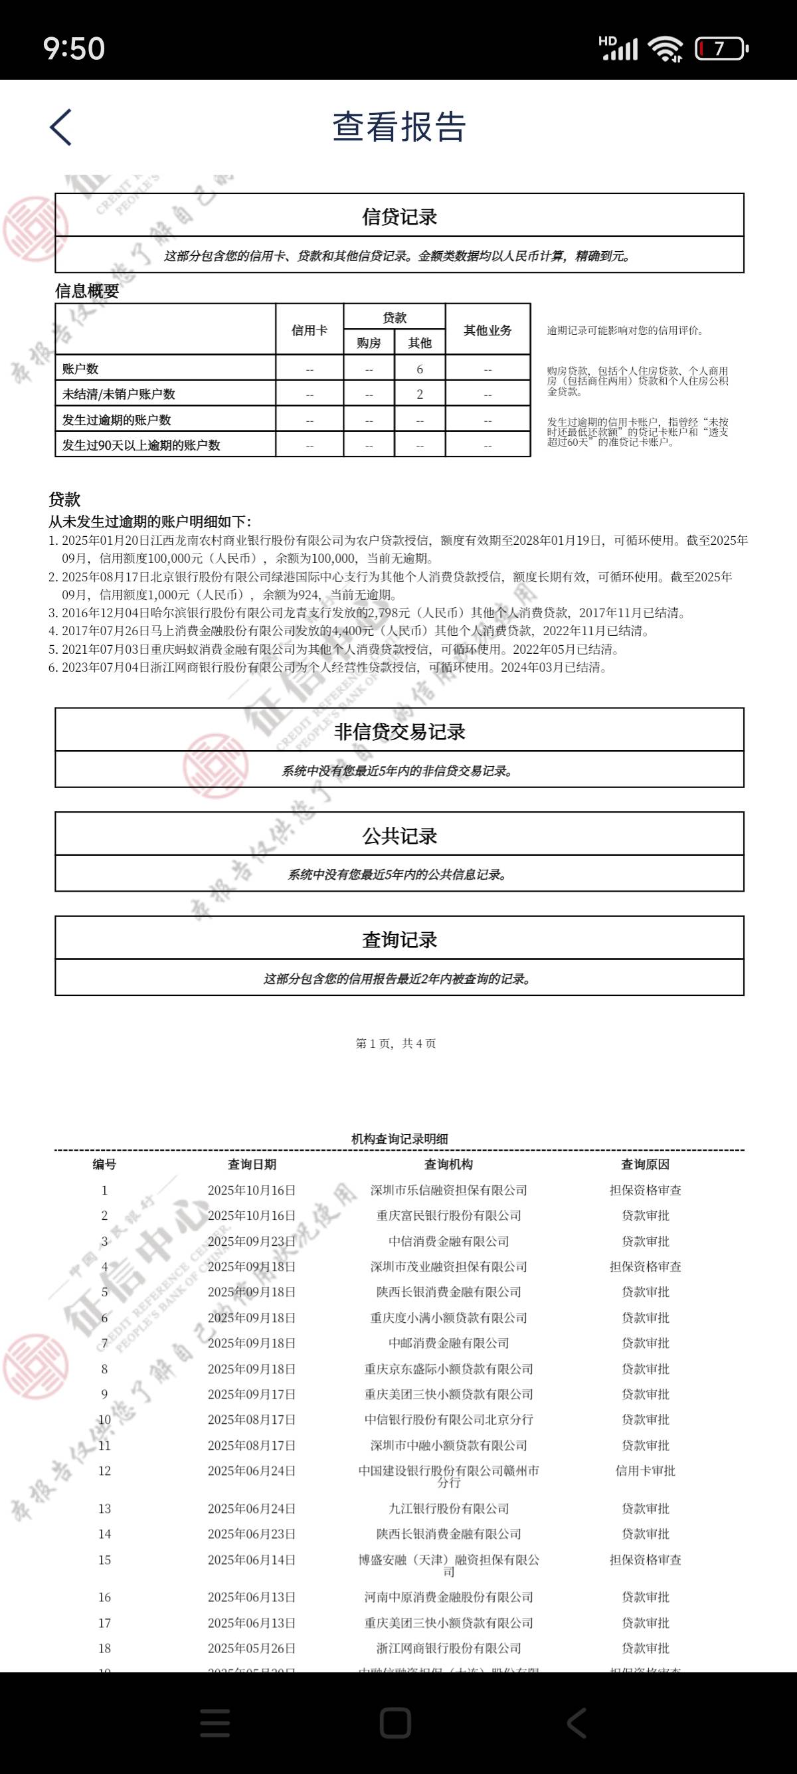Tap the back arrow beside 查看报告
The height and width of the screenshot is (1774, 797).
(61, 128)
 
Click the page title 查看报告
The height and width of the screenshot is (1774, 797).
(399, 128)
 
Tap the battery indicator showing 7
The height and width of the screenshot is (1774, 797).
(720, 49)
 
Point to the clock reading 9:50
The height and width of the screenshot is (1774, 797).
(74, 49)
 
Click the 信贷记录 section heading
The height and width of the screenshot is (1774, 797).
(399, 217)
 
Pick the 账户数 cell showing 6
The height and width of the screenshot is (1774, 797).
(420, 369)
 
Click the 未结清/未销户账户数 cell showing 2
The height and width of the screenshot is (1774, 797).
(420, 395)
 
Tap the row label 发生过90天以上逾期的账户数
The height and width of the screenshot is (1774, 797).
(141, 446)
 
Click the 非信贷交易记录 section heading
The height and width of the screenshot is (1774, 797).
(399, 732)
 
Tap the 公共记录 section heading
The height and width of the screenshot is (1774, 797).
(399, 836)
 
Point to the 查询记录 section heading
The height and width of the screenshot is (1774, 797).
(399, 940)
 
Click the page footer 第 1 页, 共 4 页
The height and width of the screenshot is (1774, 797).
(396, 1043)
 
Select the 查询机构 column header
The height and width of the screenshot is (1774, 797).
(448, 1165)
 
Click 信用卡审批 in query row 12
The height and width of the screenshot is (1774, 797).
(645, 1471)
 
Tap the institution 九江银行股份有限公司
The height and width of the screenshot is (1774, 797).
(448, 1509)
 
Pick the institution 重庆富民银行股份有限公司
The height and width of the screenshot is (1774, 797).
(448, 1215)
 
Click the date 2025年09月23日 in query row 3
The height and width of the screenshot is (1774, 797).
(251, 1241)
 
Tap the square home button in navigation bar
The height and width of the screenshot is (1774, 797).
(396, 1722)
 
